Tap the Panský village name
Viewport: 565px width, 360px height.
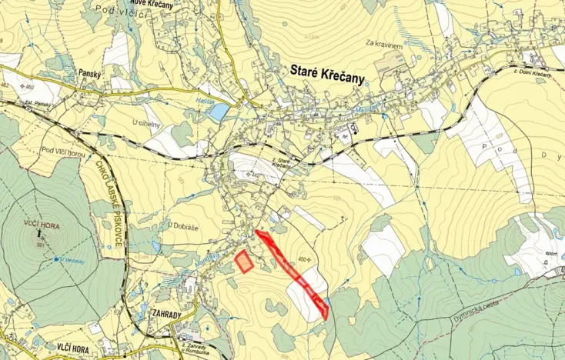90,73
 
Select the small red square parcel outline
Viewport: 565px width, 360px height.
244,262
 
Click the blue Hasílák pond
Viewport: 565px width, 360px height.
219,112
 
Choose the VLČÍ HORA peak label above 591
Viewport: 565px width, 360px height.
41,223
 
